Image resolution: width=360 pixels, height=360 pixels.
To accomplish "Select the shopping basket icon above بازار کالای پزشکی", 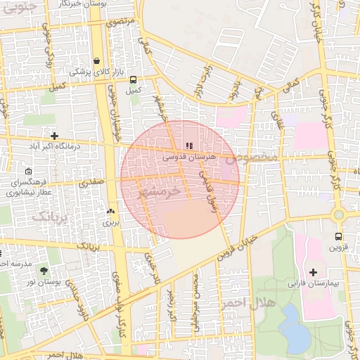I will point(96,61).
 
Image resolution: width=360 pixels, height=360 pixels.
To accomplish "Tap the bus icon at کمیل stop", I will point(134,79).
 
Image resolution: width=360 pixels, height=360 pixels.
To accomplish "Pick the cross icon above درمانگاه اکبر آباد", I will point(54,135).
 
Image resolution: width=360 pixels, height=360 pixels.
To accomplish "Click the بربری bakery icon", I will point(110,211).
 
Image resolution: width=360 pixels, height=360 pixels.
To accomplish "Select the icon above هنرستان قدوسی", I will point(188,146).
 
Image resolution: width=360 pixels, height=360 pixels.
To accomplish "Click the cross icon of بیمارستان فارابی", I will point(313,272).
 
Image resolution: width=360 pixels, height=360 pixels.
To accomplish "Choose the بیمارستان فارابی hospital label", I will point(312,285).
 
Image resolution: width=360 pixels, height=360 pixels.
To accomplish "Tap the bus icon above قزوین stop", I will point(339,237).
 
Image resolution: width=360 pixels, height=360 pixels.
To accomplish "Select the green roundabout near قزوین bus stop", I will point(339,214).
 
